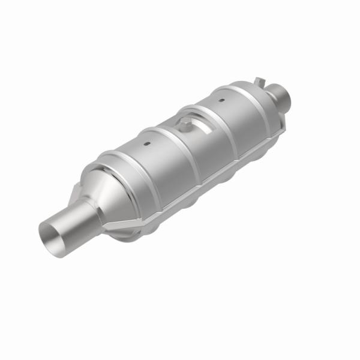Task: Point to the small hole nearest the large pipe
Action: pyautogui.click(x=146, y=145)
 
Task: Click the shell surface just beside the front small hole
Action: pyautogui.click(x=153, y=150)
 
